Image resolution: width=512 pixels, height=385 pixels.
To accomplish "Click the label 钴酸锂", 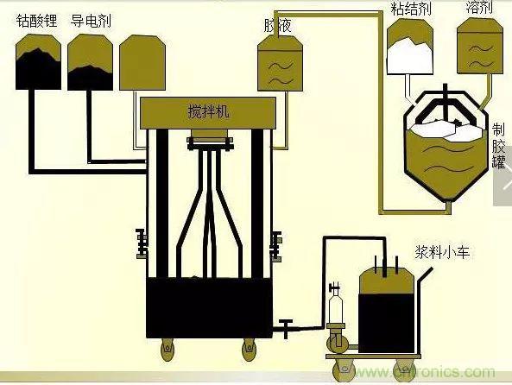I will coord(36,20).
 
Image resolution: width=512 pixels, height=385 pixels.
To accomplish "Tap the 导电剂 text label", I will coord(91,20).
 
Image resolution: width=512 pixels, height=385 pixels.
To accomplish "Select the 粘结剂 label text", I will coord(410,10).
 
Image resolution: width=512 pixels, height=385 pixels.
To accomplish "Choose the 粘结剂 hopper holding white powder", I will coord(412,47).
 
